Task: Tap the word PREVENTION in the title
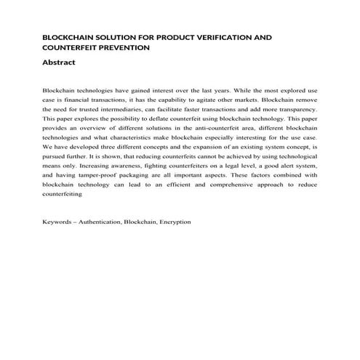(x=124, y=47)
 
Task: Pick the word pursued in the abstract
(x=57, y=156)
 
